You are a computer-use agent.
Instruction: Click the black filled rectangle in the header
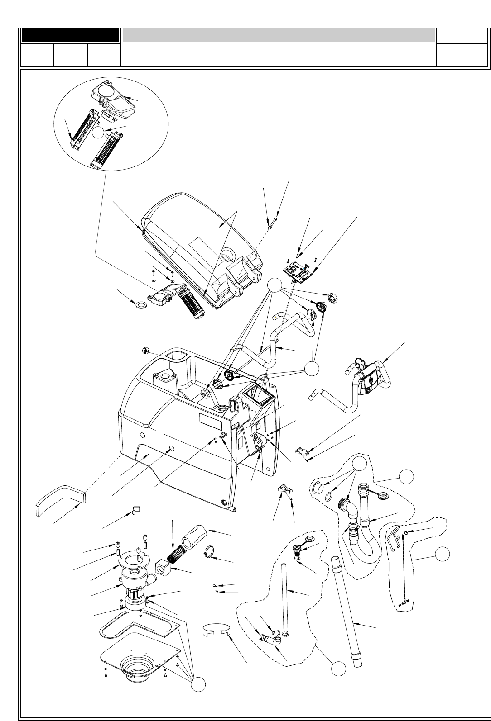coord(70,35)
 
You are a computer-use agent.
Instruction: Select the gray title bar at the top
coord(279,34)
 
